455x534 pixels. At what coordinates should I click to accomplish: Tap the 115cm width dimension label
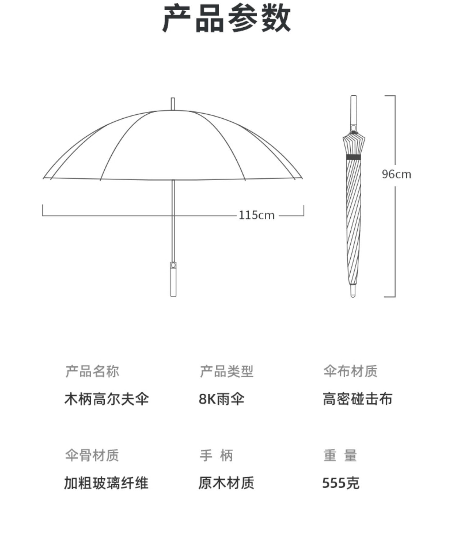tap(256, 215)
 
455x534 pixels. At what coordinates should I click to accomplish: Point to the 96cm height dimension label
tap(396, 174)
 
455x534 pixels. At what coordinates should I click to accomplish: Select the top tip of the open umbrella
tap(173, 104)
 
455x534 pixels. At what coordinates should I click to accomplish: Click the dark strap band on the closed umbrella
tap(354, 157)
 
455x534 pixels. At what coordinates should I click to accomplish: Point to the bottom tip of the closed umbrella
tap(353, 291)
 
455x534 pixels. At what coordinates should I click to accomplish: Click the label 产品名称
tap(92, 371)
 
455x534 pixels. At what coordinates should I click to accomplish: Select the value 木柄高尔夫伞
tap(106, 399)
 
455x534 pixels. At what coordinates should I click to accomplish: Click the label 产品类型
tap(226, 371)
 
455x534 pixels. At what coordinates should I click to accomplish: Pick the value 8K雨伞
tap(221, 399)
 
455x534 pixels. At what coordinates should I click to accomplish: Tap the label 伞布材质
tap(350, 371)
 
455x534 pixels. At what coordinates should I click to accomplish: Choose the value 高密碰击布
tap(357, 399)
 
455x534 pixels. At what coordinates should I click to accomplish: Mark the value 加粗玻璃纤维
tap(106, 483)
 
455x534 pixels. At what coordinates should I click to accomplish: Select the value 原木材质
tap(226, 483)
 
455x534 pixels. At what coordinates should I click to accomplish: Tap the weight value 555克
tap(341, 483)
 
